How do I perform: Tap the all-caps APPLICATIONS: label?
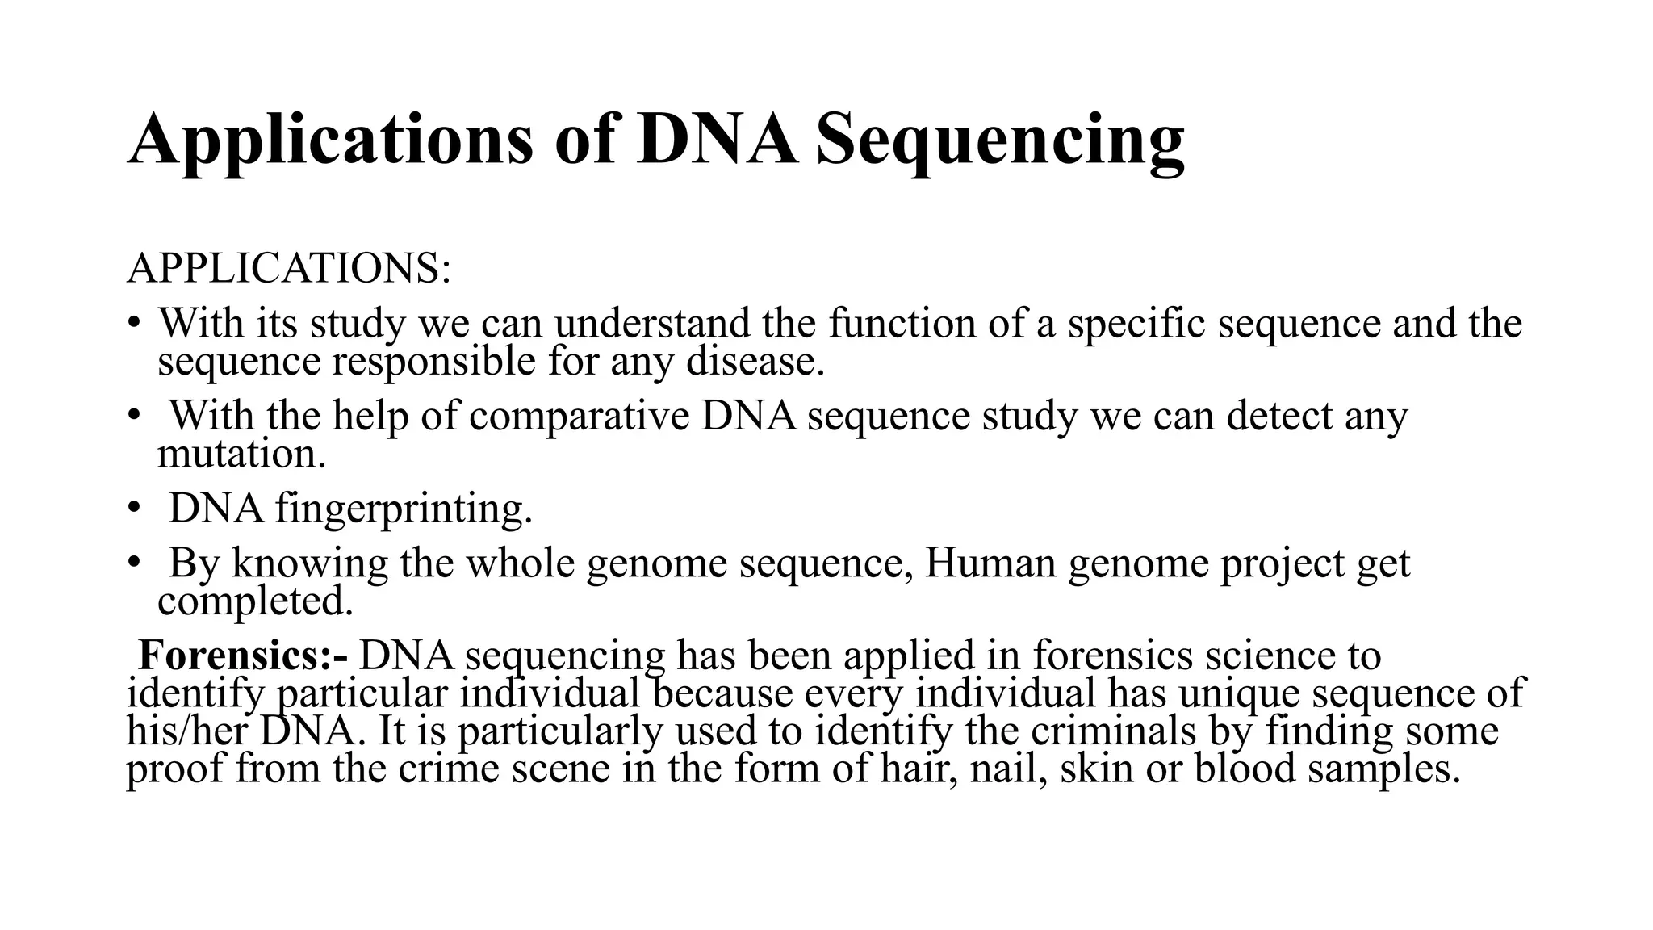click(288, 268)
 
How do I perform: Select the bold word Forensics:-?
click(243, 655)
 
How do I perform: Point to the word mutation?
click(240, 454)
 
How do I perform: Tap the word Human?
click(990, 563)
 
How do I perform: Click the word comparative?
click(579, 416)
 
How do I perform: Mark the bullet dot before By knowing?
click(133, 564)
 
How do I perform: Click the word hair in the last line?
click(918, 768)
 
